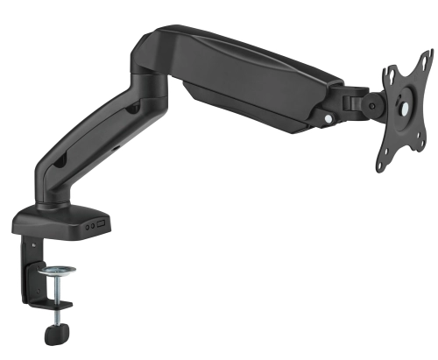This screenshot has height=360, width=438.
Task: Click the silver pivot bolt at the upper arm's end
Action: click(x=329, y=117)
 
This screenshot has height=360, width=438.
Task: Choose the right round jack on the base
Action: click(x=92, y=224)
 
